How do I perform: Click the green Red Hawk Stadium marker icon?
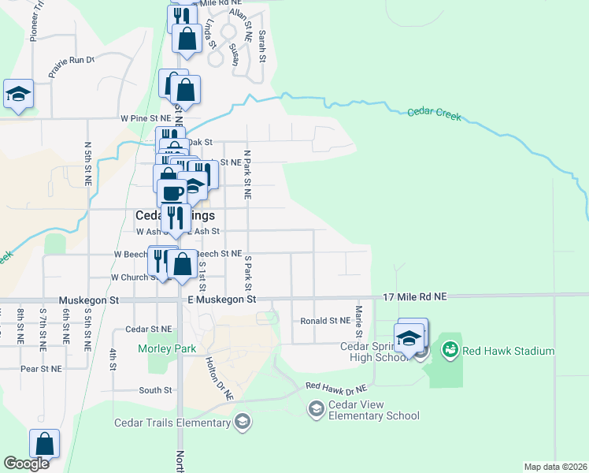(450, 348)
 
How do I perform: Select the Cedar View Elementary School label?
(375, 411)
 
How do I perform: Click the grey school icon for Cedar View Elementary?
(317, 408)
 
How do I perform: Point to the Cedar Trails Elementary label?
(172, 423)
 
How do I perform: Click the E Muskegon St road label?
(222, 300)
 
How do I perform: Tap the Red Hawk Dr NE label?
(336, 387)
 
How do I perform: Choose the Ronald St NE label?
(324, 321)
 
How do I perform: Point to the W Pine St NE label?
(146, 117)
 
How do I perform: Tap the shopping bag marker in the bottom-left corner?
(45, 444)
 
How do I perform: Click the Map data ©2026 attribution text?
(555, 467)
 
